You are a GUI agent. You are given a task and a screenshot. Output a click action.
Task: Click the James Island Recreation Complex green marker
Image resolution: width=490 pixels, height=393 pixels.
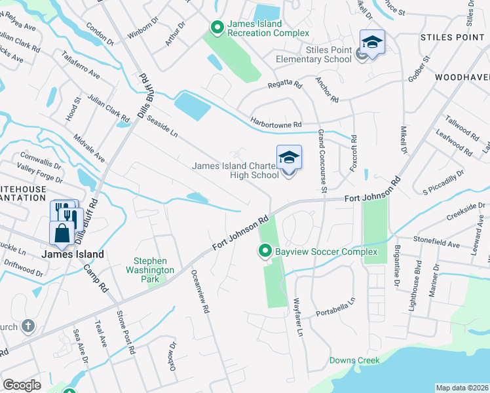217,27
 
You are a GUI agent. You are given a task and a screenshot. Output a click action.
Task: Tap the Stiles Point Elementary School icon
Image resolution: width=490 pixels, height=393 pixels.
372,43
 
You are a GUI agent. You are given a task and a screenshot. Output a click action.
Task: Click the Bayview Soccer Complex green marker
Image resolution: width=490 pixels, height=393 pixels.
265,252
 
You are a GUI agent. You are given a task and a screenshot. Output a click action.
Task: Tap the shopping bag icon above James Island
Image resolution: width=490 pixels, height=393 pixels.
62,233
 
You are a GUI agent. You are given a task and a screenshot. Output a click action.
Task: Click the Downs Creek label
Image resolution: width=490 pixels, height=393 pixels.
354,361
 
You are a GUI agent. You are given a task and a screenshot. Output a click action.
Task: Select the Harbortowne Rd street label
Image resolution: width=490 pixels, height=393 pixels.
275,123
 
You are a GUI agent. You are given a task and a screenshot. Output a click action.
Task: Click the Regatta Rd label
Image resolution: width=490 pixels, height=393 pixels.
284,85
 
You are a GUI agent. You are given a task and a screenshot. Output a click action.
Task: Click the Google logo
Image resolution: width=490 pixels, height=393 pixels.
22,385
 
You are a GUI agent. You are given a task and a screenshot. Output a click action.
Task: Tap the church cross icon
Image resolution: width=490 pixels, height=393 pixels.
28,326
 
